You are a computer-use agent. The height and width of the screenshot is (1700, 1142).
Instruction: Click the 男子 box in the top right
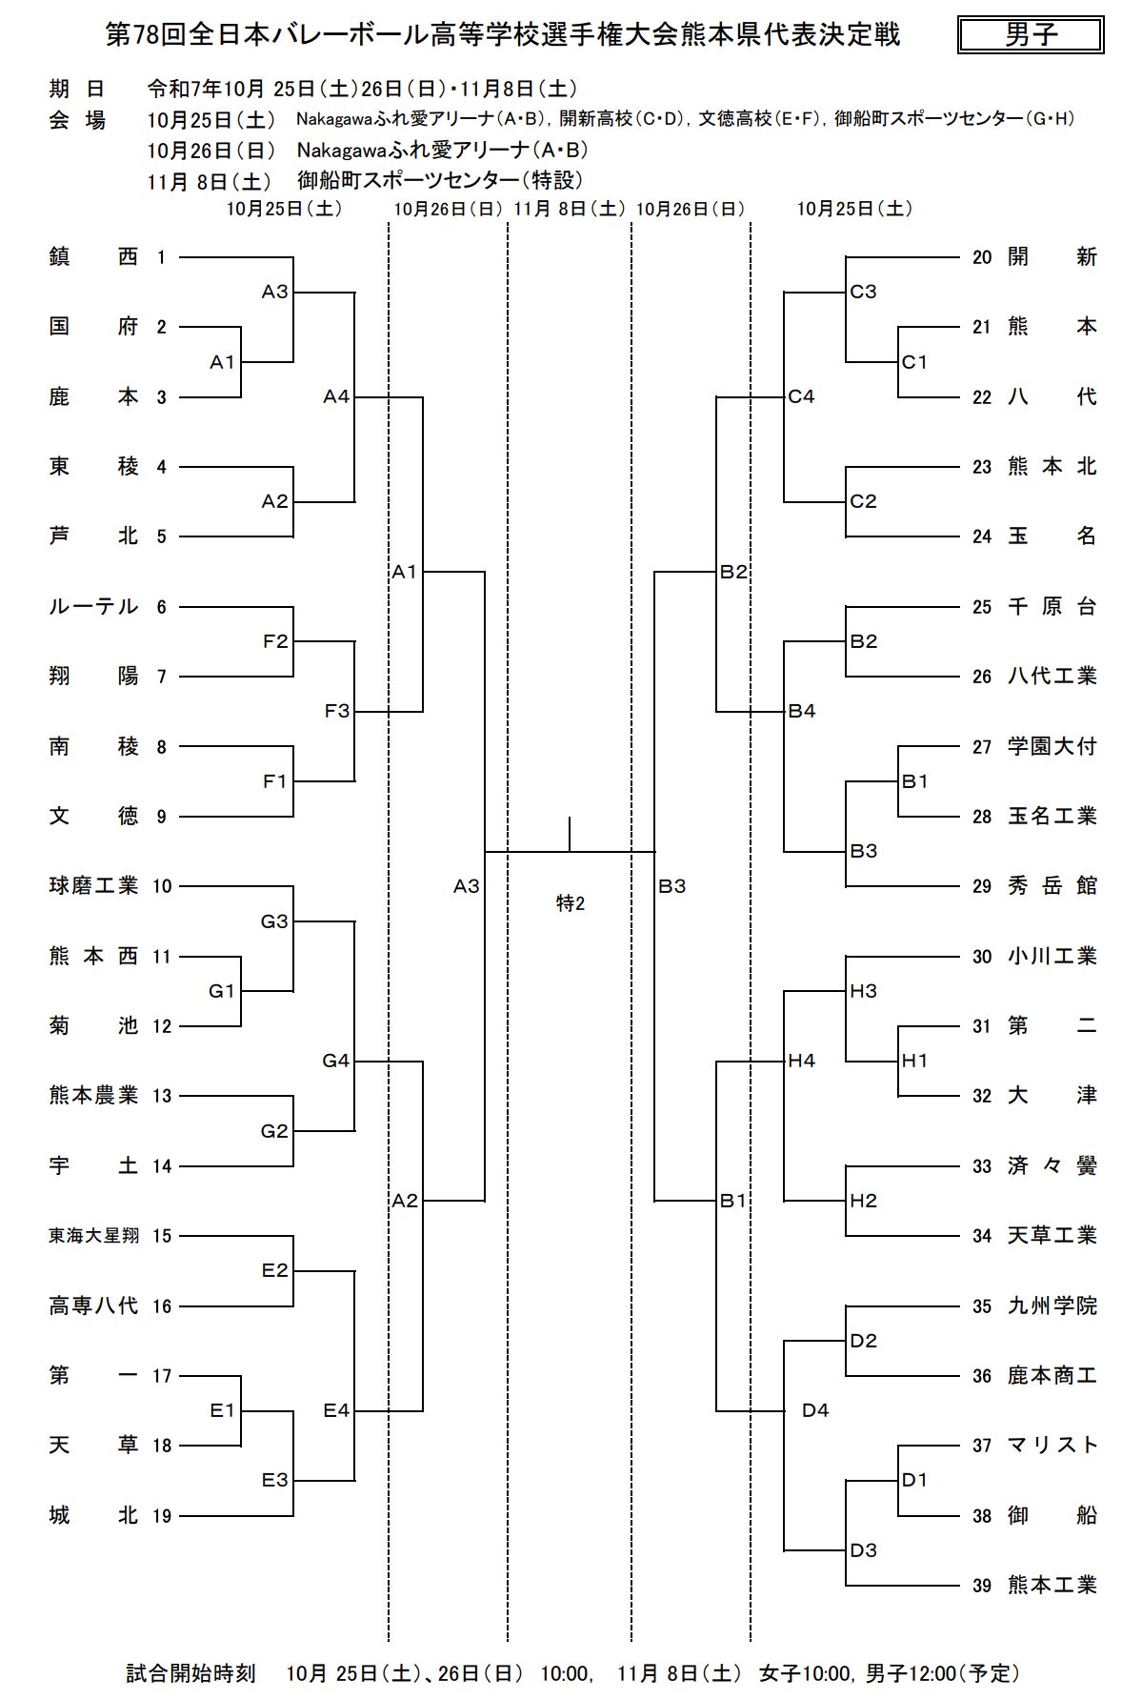1031,35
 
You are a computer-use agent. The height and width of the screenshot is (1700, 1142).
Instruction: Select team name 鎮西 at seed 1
93,256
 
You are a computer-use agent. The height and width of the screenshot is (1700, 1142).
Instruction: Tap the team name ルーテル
93,607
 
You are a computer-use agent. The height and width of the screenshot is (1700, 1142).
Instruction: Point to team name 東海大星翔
93,1236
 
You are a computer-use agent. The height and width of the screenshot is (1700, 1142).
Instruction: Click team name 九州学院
1052,1305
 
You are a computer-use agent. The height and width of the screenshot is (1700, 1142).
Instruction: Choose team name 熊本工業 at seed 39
1052,1586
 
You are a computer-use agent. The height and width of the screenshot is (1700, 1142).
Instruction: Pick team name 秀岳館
1052,886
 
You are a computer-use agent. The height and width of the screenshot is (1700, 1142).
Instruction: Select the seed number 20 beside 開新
982,257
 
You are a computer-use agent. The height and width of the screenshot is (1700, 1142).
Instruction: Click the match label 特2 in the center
571,903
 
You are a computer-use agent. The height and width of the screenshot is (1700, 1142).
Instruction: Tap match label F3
337,711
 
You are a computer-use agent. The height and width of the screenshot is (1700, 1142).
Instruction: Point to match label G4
336,1061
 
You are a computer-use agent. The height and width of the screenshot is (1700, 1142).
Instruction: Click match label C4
801,396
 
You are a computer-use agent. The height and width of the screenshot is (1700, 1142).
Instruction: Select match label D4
815,1410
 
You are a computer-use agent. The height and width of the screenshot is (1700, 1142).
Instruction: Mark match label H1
914,1061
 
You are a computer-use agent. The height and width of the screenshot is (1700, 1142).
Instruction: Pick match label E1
222,1410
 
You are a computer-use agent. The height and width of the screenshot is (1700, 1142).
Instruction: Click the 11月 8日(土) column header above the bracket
569,209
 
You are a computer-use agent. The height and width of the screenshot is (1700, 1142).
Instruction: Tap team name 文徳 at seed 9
93,817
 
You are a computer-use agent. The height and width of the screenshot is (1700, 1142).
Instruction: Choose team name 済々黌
1052,1166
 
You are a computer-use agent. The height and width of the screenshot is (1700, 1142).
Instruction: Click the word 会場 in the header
77,120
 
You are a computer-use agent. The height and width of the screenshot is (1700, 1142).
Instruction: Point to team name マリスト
1052,1446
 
